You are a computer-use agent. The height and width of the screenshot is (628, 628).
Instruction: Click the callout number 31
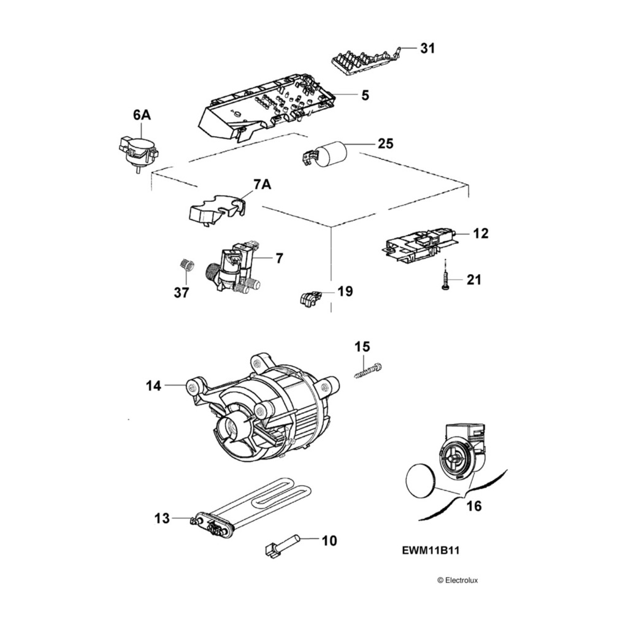[x=427, y=48]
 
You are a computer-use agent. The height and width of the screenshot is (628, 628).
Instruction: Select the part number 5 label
[x=365, y=95]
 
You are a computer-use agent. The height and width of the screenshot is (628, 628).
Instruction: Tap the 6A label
[x=141, y=115]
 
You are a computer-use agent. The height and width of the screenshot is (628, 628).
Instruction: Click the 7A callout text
[x=262, y=185]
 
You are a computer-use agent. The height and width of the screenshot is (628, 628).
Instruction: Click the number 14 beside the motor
[x=153, y=386]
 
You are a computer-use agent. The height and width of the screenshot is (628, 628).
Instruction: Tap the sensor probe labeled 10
[x=283, y=543]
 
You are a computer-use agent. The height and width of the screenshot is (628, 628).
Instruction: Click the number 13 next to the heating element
[x=161, y=519]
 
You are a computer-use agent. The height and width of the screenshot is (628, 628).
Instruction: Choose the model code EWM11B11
[x=431, y=551]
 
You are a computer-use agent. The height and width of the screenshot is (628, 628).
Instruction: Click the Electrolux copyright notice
[x=457, y=580]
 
